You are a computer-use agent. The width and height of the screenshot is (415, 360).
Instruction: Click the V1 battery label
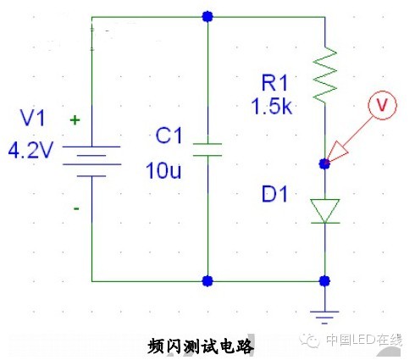pyautogui.click(x=32, y=118)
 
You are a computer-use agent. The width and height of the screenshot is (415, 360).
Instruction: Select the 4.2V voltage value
pyautogui.click(x=30, y=150)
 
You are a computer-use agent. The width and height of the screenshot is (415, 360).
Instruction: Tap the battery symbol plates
pyautogui.click(x=91, y=161)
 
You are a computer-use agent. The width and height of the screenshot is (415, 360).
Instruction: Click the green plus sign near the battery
pyautogui.click(x=75, y=120)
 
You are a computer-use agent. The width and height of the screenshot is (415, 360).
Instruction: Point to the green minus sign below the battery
pyautogui.click(x=76, y=209)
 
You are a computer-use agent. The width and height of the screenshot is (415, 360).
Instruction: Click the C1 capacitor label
pyautogui.click(x=169, y=136)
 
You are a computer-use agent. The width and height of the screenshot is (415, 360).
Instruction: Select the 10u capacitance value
pyautogui.click(x=163, y=170)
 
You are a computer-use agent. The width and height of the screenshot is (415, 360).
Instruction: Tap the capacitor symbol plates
pyautogui.click(x=207, y=150)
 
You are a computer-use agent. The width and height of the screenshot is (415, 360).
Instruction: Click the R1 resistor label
pyautogui.click(x=274, y=83)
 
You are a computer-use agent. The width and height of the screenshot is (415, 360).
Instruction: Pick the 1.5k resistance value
pyautogui.click(x=271, y=107)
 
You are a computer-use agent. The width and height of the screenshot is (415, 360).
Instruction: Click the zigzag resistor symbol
pyautogui.click(x=325, y=75)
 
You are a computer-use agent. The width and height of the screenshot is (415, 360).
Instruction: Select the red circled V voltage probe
pyautogui.click(x=382, y=105)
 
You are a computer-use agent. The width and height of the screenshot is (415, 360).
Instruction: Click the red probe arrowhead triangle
pyautogui.click(x=337, y=152)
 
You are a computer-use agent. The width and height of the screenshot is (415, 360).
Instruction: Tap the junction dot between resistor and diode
pyautogui.click(x=324, y=163)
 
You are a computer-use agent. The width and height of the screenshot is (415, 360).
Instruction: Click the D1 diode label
pyautogui.click(x=274, y=194)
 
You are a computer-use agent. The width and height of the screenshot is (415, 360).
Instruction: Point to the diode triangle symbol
pyautogui.click(x=325, y=211)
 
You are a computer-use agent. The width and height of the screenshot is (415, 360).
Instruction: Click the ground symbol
pyautogui.click(x=324, y=317)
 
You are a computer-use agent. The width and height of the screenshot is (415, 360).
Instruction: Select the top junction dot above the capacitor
pyautogui.click(x=207, y=17)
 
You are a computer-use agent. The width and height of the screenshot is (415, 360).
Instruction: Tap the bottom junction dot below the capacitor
pyautogui.click(x=207, y=281)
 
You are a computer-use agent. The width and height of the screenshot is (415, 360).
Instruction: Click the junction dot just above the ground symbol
pyautogui.click(x=324, y=281)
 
